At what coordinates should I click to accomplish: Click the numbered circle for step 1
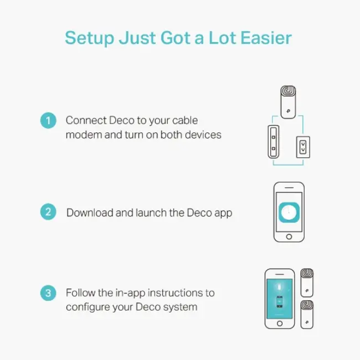[x=48, y=120]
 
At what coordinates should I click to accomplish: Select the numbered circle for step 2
[x=48, y=212]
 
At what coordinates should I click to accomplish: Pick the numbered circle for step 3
[x=48, y=293]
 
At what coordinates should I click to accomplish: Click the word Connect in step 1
[x=85, y=120]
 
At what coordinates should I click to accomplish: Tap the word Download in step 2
[x=89, y=213]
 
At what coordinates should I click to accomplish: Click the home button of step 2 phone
[x=289, y=236]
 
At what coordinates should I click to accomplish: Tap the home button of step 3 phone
[x=280, y=323]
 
